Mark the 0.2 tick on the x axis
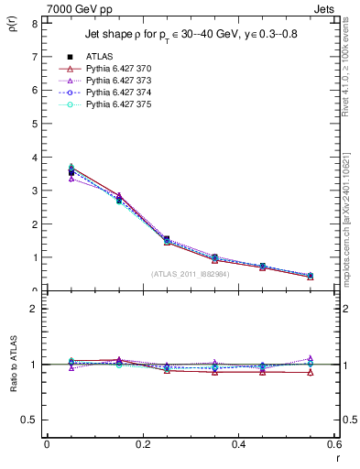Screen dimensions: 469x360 click(143, 443)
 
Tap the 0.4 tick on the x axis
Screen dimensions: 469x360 click(238, 443)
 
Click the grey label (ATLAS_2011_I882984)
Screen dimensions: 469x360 click(191, 274)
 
